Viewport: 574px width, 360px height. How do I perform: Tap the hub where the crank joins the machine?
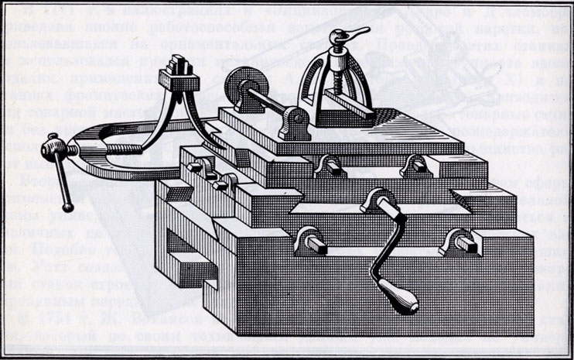pyautogui.click(x=375, y=201)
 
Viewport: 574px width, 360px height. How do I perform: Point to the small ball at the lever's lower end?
pyautogui.click(x=70, y=207)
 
